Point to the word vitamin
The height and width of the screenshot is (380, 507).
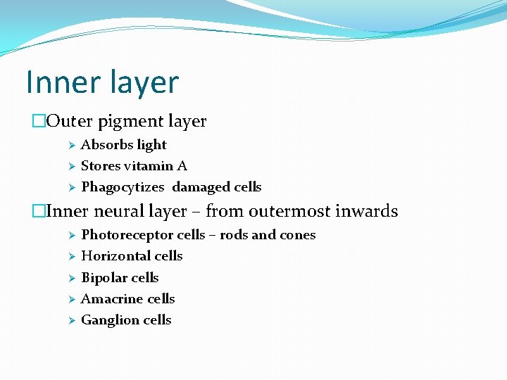tap(150, 166)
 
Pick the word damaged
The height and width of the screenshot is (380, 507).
tap(200, 187)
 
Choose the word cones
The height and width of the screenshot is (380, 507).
tap(296, 235)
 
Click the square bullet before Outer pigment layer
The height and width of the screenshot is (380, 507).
tap(38, 121)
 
